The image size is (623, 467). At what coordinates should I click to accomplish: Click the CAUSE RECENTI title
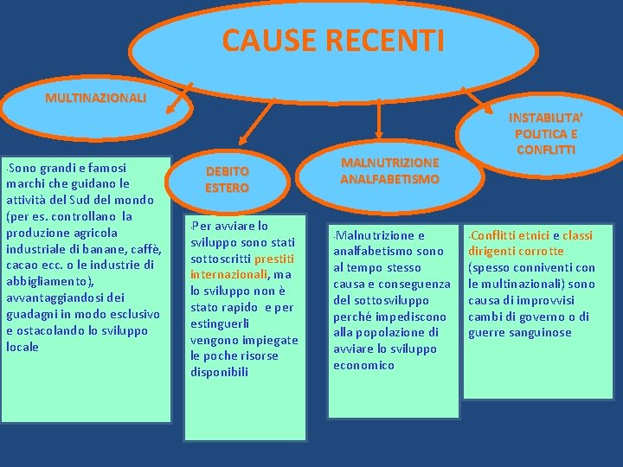(x=332, y=40)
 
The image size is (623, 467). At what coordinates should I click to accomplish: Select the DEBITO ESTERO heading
(x=227, y=179)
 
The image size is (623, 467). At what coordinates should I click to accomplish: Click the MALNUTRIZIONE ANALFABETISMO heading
(x=389, y=170)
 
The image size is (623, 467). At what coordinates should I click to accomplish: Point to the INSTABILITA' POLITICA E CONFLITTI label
(x=545, y=132)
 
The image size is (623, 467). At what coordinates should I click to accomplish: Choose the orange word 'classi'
(x=577, y=235)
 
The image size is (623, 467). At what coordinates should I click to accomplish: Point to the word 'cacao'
(x=22, y=265)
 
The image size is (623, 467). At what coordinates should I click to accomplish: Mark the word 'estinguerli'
(x=220, y=323)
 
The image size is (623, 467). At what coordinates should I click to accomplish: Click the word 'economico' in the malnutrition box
(x=364, y=365)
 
